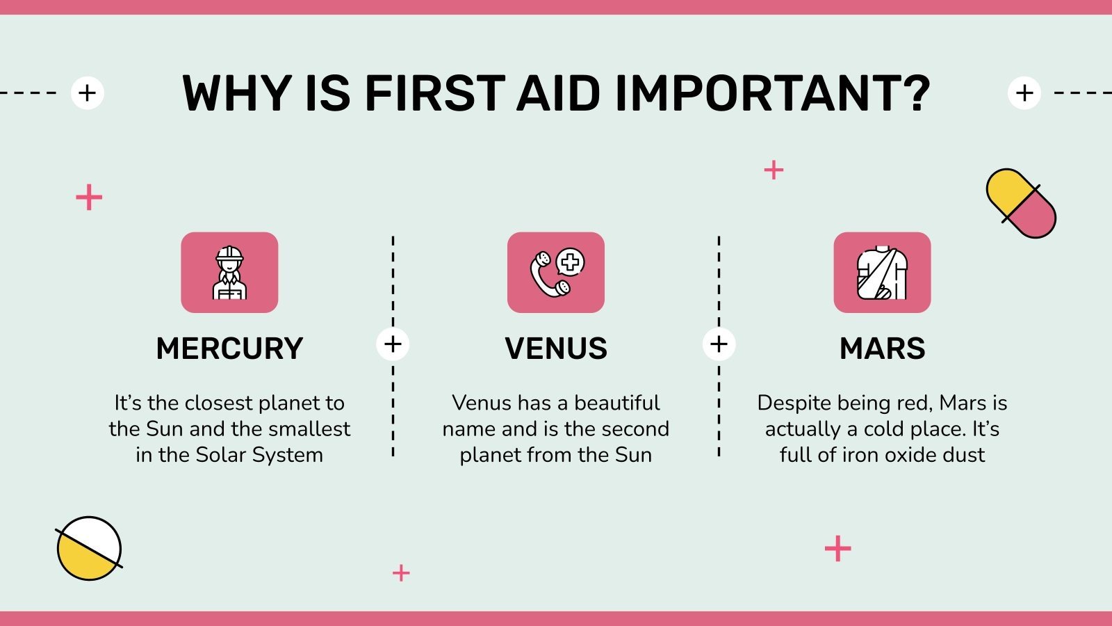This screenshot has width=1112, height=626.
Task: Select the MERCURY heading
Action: (229, 348)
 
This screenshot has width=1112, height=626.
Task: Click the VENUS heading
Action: (556, 348)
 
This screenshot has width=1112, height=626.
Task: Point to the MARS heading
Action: (882, 348)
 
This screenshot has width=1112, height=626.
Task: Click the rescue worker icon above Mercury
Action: (229, 273)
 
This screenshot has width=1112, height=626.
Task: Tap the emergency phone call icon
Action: (556, 273)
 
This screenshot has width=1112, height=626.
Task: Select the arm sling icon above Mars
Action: (882, 273)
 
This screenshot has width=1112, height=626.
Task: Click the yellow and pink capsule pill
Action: (1021, 203)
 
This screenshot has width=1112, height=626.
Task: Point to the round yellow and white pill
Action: (89, 548)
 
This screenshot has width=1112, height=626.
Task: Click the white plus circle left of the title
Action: (88, 93)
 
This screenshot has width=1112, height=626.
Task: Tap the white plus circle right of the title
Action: (1024, 93)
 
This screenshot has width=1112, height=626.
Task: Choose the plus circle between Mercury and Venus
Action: (393, 344)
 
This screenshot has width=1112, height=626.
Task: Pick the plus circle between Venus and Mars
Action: (719, 344)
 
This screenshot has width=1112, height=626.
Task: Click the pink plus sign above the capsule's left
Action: (774, 170)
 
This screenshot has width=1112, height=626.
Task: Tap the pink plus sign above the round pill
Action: (89, 198)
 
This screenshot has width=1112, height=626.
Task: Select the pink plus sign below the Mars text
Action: (837, 549)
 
